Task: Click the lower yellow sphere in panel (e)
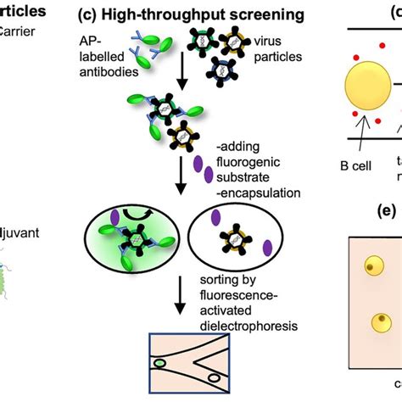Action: [378, 324]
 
